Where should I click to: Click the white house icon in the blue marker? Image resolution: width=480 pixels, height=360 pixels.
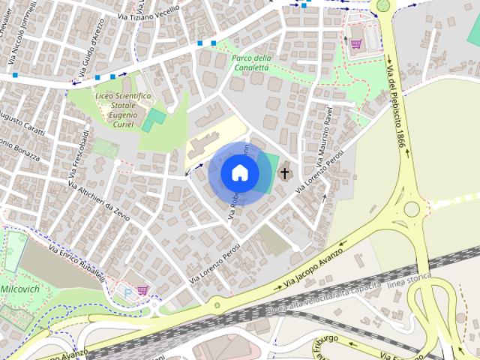pos(240,173)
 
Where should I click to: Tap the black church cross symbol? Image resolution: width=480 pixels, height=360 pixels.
pos(284,174)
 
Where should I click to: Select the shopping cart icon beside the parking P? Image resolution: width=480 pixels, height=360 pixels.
pos(142,289)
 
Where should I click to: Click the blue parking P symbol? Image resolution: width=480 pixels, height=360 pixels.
pos(129,290)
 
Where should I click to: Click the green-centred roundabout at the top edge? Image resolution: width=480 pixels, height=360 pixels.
pos(383,6)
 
